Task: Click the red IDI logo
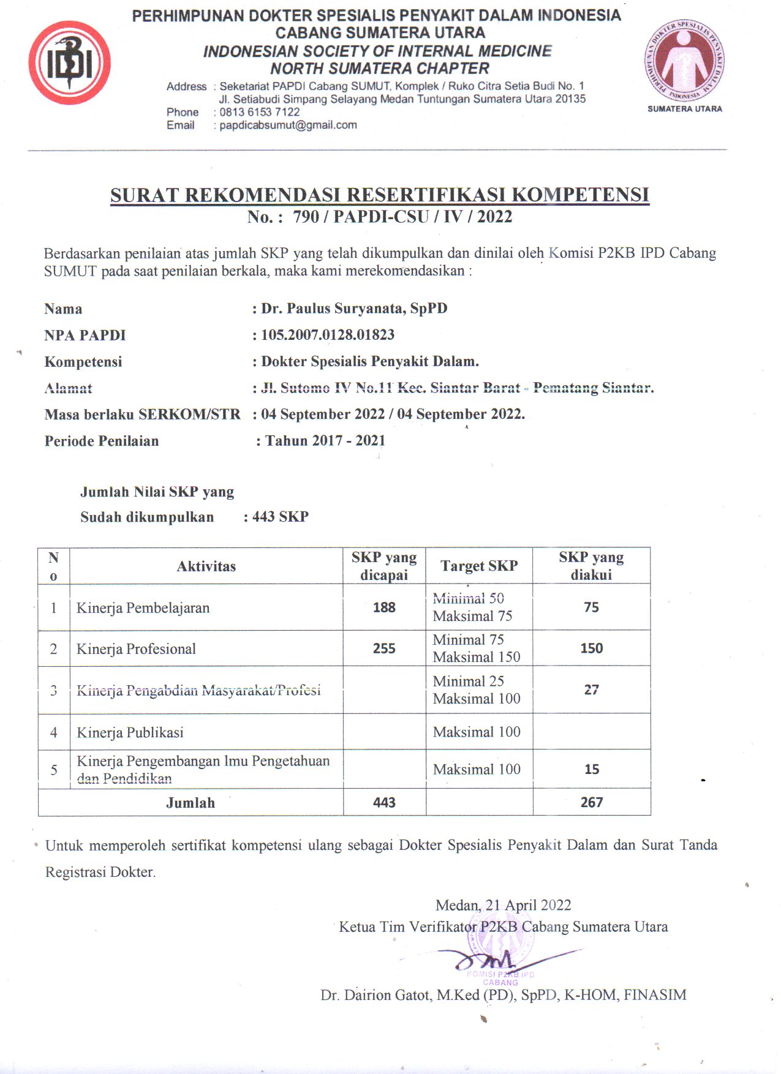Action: (x=69, y=62)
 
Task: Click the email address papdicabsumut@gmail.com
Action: (x=288, y=125)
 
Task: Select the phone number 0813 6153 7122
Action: (x=260, y=112)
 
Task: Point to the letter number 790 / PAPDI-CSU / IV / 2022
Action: (x=402, y=217)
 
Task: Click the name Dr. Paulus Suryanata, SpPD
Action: (x=354, y=309)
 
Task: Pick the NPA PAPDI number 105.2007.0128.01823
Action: (x=328, y=335)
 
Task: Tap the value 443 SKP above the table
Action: (x=280, y=517)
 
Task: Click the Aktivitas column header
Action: (x=206, y=566)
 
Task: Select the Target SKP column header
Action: (x=479, y=566)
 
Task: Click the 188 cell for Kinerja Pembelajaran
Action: (x=384, y=607)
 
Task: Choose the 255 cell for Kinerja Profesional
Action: (x=384, y=648)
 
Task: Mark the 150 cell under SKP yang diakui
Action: (x=591, y=648)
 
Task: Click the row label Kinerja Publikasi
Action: (x=130, y=732)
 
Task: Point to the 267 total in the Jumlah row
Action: (x=591, y=802)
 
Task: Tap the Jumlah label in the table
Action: (x=191, y=803)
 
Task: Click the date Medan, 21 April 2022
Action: (x=503, y=905)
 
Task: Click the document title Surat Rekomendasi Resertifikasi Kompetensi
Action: (x=379, y=195)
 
